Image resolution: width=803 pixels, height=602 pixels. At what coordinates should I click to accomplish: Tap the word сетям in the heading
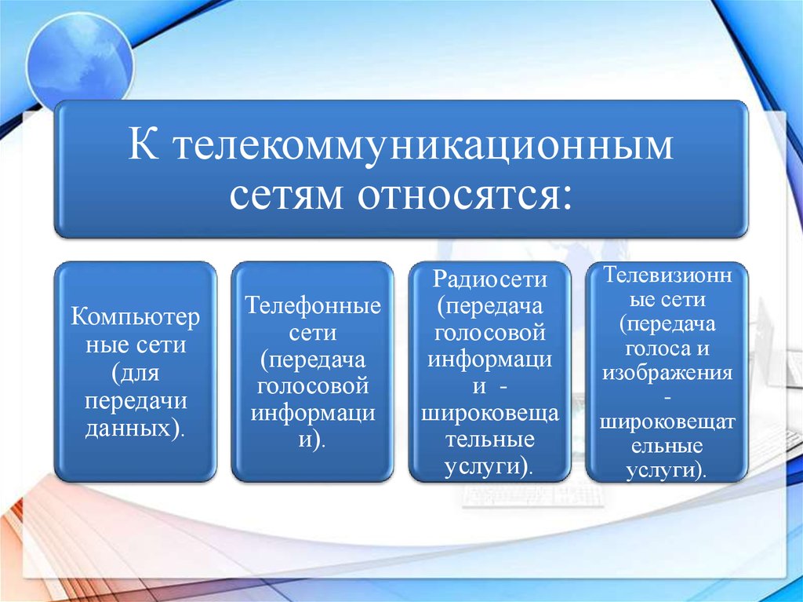coord(286,195)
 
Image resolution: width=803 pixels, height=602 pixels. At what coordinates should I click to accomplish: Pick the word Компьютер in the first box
coord(135,316)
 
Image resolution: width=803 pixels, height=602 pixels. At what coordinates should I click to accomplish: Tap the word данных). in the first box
coord(135,428)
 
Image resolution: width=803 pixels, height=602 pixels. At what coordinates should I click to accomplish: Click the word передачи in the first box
coord(136,401)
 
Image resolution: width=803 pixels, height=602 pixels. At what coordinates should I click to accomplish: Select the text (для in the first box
coord(136,373)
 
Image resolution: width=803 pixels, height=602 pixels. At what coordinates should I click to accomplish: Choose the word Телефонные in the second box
coord(313,305)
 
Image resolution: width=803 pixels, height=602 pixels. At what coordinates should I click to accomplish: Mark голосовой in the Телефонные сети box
coord(312,385)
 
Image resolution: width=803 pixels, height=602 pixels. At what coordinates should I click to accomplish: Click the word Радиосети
coord(490,279)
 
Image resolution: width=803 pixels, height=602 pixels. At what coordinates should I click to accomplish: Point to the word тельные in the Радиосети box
coord(490,440)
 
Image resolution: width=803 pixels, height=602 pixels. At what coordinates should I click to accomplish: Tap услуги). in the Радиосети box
coord(489,468)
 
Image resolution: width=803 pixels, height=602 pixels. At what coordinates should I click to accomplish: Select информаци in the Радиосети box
coord(490,359)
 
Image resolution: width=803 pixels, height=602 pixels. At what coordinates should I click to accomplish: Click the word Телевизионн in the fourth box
coord(667,275)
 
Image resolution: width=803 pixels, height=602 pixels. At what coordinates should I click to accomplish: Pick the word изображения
coord(667,373)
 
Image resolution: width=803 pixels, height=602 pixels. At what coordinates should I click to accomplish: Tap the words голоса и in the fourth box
coord(667,348)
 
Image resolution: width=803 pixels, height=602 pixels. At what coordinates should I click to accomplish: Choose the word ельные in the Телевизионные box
coord(667,445)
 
